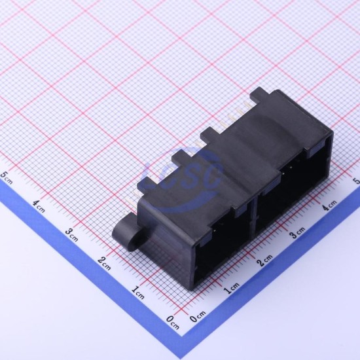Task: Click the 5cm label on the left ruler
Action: (x=6, y=177)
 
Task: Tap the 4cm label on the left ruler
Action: (x=39, y=206)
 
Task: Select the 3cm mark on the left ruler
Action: (x=71, y=234)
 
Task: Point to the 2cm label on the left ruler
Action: (x=104, y=264)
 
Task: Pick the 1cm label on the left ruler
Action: (x=137, y=293)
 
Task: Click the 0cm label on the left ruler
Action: (x=172, y=322)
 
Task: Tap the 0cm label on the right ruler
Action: (x=198, y=317)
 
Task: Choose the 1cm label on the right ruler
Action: (x=232, y=289)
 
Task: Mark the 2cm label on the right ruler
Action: (x=264, y=260)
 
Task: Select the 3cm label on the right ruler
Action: (x=297, y=232)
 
